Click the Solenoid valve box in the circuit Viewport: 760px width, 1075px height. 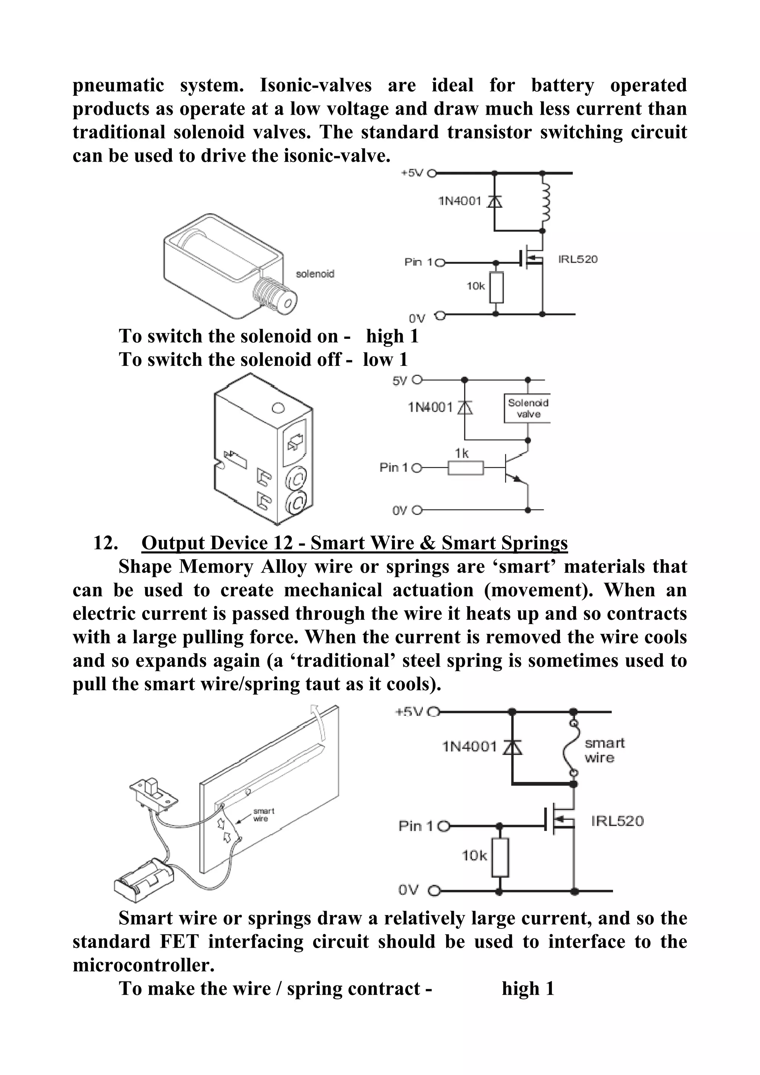pyautogui.click(x=527, y=408)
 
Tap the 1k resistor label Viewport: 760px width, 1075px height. pyautogui.click(x=462, y=453)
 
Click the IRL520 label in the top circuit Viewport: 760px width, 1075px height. pyautogui.click(x=577, y=259)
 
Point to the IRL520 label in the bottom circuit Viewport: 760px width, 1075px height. pyautogui.click(x=617, y=821)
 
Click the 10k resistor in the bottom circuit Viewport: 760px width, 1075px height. pyautogui.click(x=500, y=857)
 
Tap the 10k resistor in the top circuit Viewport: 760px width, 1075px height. pyautogui.click(x=497, y=287)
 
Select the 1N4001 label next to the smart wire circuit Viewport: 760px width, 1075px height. pyautogui.click(x=469, y=746)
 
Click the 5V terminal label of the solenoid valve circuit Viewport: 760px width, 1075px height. pyautogui.click(x=399, y=381)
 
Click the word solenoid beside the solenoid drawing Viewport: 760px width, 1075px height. pyautogui.click(x=315, y=274)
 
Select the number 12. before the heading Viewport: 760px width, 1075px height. pyautogui.click(x=105, y=543)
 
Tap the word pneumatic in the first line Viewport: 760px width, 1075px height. pyautogui.click(x=118, y=85)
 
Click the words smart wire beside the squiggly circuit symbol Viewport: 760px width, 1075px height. pyautogui.click(x=604, y=750)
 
